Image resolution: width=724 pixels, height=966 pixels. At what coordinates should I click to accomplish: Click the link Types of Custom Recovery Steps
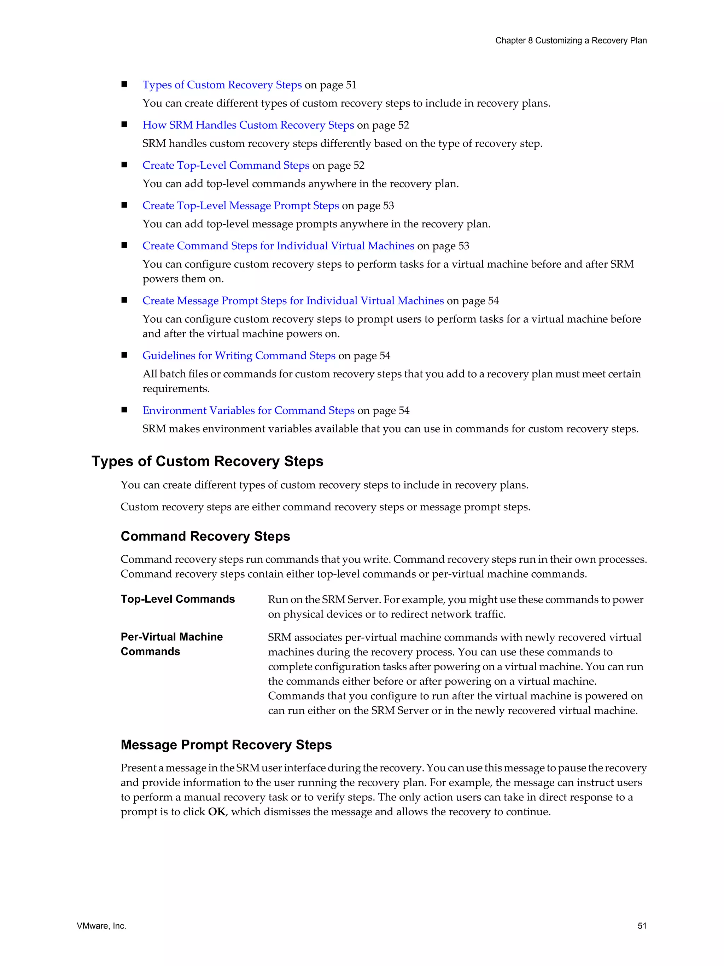pyautogui.click(x=222, y=85)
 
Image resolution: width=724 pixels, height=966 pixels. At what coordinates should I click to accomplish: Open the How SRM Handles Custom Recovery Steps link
pyautogui.click(x=248, y=125)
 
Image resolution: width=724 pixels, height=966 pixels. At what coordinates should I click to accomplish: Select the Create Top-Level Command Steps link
pyautogui.click(x=226, y=165)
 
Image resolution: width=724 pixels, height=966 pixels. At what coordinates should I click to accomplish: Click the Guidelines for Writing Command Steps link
pyautogui.click(x=239, y=355)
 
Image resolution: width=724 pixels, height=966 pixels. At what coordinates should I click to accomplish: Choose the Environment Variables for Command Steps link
pyautogui.click(x=248, y=411)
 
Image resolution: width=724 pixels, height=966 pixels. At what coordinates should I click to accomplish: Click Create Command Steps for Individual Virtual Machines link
pyautogui.click(x=278, y=245)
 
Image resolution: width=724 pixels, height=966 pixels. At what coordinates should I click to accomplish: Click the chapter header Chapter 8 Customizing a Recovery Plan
pyautogui.click(x=570, y=41)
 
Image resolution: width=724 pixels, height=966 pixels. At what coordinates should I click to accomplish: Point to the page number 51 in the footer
pyautogui.click(x=642, y=926)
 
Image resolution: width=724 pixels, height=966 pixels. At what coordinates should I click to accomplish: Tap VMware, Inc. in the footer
pyautogui.click(x=101, y=926)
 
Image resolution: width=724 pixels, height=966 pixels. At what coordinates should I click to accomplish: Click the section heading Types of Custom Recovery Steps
pyautogui.click(x=207, y=461)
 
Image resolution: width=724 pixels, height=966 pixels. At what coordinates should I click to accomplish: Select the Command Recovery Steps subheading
pyautogui.click(x=205, y=536)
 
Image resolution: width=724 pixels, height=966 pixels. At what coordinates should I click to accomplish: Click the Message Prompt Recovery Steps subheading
pyautogui.click(x=226, y=745)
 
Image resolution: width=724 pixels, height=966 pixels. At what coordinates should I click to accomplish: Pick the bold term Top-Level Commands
pyautogui.click(x=177, y=599)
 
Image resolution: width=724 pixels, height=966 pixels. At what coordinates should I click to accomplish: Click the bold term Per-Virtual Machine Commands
pyautogui.click(x=171, y=644)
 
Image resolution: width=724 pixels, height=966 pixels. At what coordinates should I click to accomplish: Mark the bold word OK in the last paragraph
pyautogui.click(x=216, y=812)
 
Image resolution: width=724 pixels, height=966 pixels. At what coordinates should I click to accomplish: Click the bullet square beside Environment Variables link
pyautogui.click(x=124, y=410)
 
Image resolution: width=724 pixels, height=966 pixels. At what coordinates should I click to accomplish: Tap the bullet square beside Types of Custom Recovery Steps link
pyautogui.click(x=124, y=84)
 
